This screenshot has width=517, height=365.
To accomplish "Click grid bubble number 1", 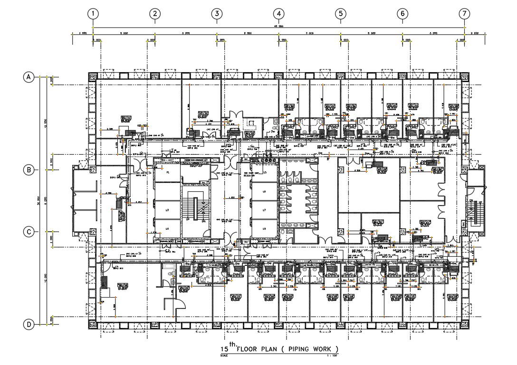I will click(x=94, y=14).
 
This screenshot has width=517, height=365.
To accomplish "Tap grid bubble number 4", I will click(x=279, y=14).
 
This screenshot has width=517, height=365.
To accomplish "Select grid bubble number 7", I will click(x=464, y=14).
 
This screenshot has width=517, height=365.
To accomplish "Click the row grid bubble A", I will click(x=29, y=77).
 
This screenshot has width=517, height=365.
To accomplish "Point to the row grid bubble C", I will click(x=29, y=232).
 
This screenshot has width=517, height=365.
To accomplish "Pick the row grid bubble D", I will click(x=29, y=325).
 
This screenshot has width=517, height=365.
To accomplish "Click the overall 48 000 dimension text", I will click(x=278, y=26).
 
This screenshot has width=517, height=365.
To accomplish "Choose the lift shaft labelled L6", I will click(x=264, y=191).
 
